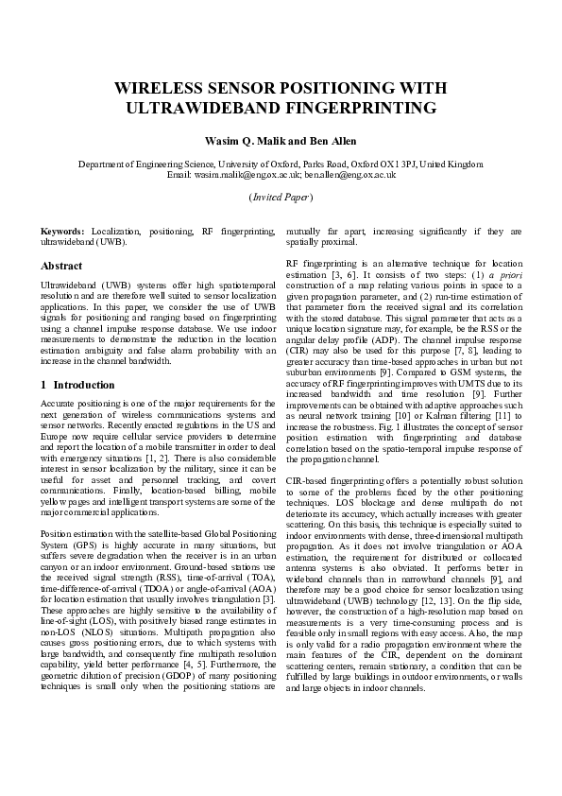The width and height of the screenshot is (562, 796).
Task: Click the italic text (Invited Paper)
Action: coord(281,197)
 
